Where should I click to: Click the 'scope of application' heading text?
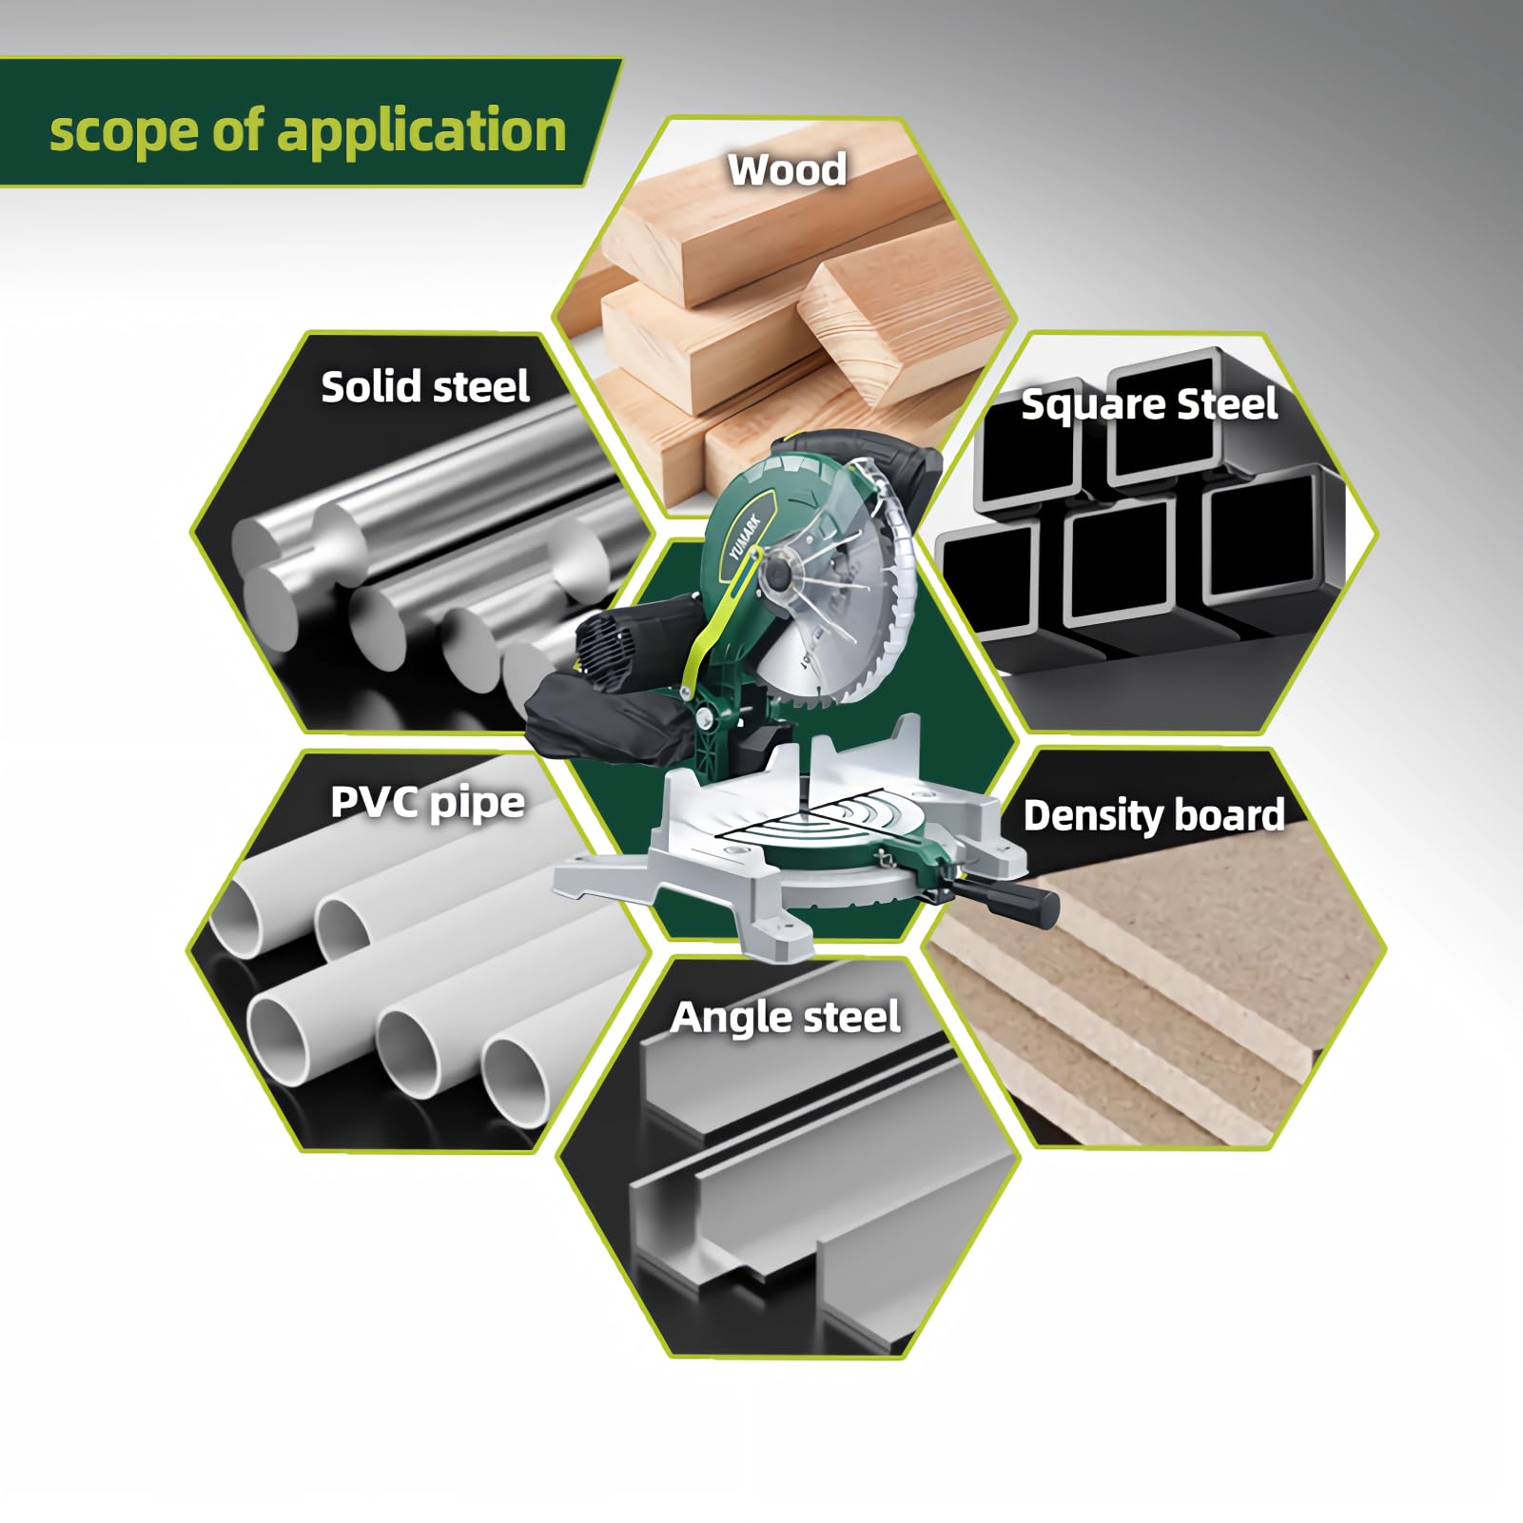coord(307,130)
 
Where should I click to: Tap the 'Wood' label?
coord(787,169)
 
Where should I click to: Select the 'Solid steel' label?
coord(425,387)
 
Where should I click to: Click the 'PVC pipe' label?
coord(427,803)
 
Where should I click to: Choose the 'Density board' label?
coord(1154,816)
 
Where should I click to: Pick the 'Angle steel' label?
coord(785,1018)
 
